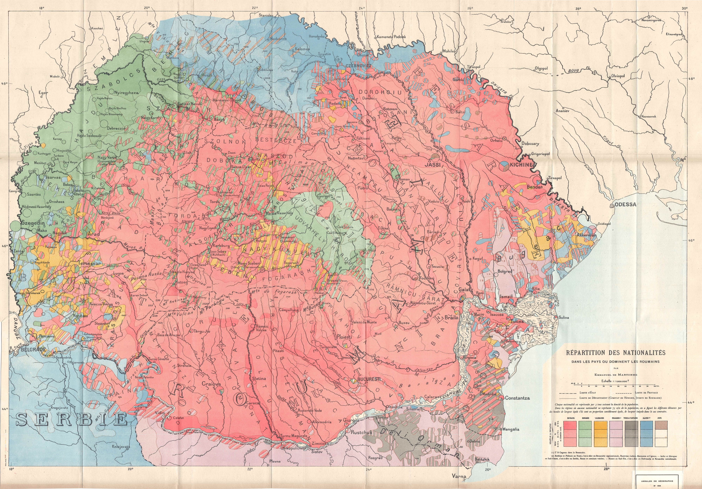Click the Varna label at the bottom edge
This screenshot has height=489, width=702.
click(459, 477)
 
